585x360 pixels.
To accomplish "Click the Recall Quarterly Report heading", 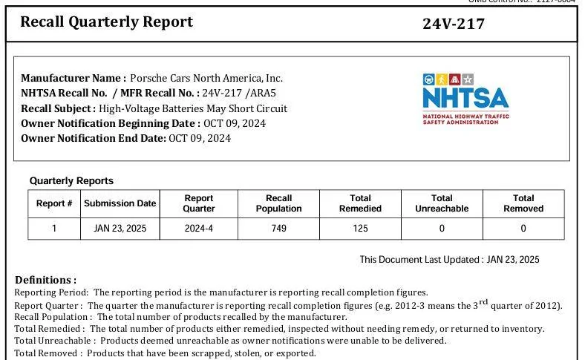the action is (106, 22).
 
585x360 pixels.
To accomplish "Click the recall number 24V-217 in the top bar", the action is (454, 24).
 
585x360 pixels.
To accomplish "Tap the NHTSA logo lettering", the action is (465, 98).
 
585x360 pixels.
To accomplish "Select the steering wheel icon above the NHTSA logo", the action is (428, 79).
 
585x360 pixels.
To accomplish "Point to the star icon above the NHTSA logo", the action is (468, 79).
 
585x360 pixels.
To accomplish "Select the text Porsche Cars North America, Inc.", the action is (206, 79).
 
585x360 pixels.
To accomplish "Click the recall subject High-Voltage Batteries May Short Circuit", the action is (193, 108).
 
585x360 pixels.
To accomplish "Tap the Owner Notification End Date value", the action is (200, 138).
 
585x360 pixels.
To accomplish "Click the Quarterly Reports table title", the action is (71, 181).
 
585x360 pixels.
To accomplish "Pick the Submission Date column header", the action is (120, 203).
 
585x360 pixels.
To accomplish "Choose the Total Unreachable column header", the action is (442, 203).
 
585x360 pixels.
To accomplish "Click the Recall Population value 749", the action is (278, 229).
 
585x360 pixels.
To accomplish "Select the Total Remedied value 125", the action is (360, 229).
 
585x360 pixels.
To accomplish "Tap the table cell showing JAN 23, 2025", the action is (120, 229).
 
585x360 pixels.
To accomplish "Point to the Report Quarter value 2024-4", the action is (198, 229).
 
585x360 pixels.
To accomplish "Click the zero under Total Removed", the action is (523, 229).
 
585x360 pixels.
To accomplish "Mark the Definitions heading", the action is (45, 280).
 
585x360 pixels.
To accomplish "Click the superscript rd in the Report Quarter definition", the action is (483, 302).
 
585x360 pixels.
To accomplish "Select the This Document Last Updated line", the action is (450, 260).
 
